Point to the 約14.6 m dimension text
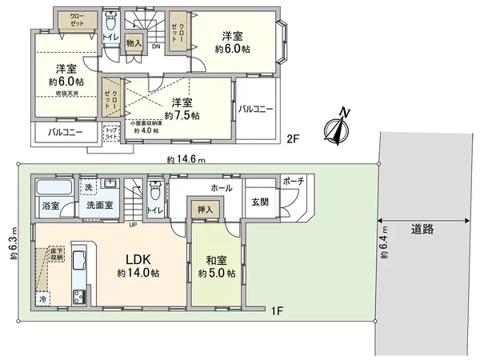point(185,159)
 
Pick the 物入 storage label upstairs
point(134,43)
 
